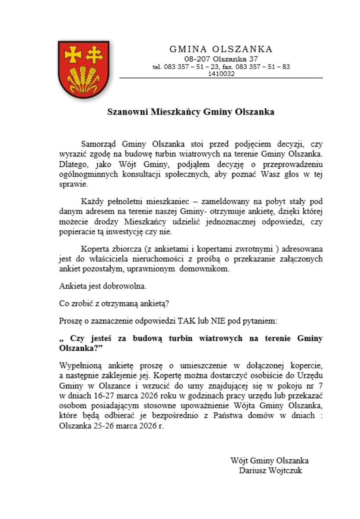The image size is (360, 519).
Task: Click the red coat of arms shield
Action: coord(83,69)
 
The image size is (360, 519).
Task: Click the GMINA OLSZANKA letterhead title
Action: coord(221,49)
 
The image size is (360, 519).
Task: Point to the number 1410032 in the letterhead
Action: coord(221,74)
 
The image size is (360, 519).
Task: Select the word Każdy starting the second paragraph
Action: coord(91,202)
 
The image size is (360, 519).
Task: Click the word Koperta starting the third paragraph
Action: coord(95,250)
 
